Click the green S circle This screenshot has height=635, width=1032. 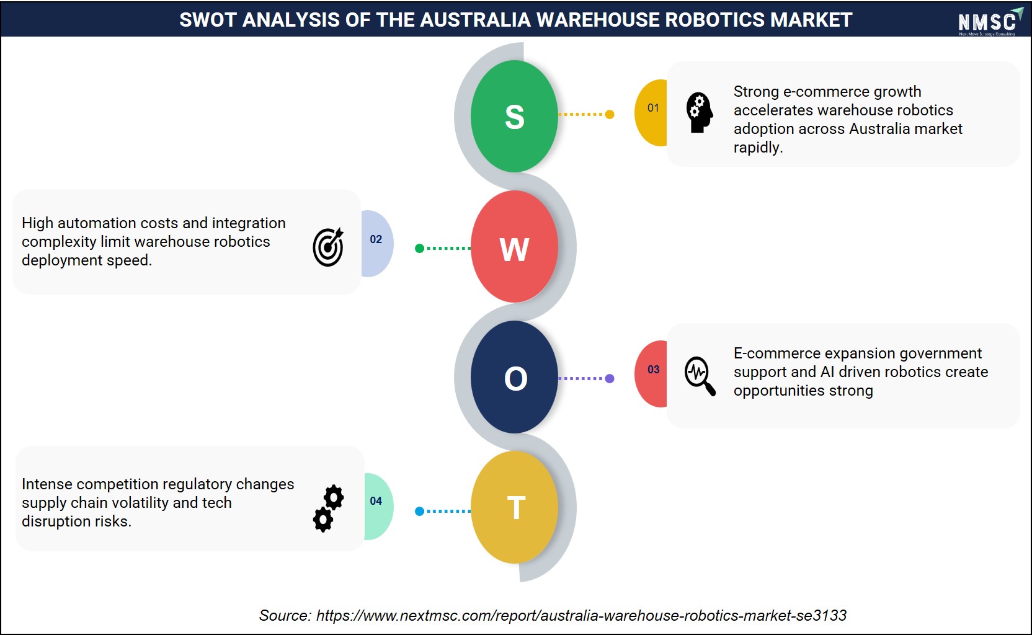(x=514, y=116)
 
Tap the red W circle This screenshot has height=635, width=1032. (x=514, y=247)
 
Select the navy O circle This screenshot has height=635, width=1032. (x=514, y=377)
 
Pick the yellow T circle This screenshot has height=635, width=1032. (x=514, y=507)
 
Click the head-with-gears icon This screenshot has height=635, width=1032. (x=700, y=113)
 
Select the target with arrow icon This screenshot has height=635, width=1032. (x=329, y=247)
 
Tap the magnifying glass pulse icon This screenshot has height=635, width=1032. (x=700, y=376)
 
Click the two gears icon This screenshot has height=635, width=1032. (x=329, y=508)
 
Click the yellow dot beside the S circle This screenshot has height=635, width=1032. (x=610, y=114)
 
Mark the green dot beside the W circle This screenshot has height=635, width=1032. (x=419, y=249)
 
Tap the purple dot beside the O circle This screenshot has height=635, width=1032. (x=610, y=378)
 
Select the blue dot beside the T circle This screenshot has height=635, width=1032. (x=419, y=511)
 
